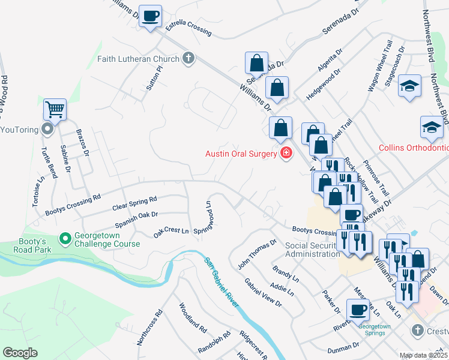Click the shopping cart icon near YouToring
coord(55,110)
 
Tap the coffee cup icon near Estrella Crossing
coord(150,16)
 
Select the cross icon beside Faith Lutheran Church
coord(188,58)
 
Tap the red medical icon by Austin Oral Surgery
coord(286,153)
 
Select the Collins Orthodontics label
coord(413,148)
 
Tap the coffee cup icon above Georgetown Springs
coord(358,310)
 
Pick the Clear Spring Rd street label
coord(134,203)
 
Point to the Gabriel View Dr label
coord(263,292)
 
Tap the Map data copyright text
coord(424,355)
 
